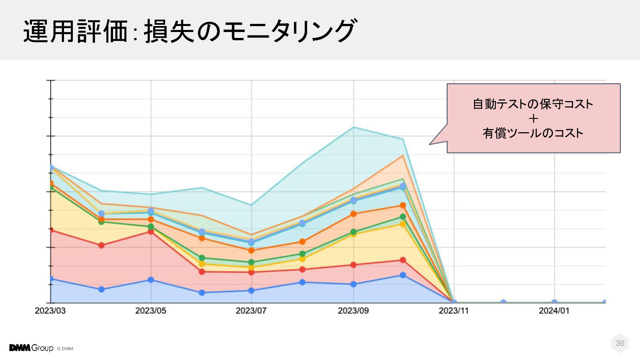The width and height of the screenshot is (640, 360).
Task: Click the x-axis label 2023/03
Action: pyautogui.click(x=50, y=311)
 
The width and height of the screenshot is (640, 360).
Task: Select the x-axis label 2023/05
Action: pyautogui.click(x=151, y=311)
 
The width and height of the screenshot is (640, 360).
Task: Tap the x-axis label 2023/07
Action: pyautogui.click(x=251, y=311)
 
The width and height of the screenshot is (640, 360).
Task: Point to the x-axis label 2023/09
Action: pyautogui.click(x=353, y=311)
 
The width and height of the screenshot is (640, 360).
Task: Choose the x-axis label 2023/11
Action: pyautogui.click(x=454, y=311)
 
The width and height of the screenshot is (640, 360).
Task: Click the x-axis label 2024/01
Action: pyautogui.click(x=554, y=311)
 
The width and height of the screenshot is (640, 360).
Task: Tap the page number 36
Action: pyautogui.click(x=620, y=343)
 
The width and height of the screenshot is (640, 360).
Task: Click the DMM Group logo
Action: pyautogui.click(x=31, y=348)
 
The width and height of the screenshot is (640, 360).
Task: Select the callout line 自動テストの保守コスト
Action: pyautogui.click(x=533, y=104)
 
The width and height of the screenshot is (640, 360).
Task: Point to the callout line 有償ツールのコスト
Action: pyautogui.click(x=533, y=133)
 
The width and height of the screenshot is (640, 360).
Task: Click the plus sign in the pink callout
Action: pyautogui.click(x=533, y=119)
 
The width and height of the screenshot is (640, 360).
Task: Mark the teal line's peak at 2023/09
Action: pyautogui.click(x=353, y=127)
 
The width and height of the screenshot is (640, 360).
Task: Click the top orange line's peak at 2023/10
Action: pyautogui.click(x=403, y=155)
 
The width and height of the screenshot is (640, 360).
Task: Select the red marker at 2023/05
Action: pyautogui.click(x=151, y=231)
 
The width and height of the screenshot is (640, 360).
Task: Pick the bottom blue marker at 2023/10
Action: pyautogui.click(x=403, y=275)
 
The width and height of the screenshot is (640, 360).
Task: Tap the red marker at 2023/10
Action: pyautogui.click(x=403, y=260)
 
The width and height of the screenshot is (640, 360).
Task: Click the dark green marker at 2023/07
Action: pyautogui.click(x=251, y=262)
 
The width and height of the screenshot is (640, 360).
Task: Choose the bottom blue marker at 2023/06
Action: pyautogui.click(x=202, y=293)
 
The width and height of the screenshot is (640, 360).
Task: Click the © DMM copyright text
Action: pyautogui.click(x=65, y=348)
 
